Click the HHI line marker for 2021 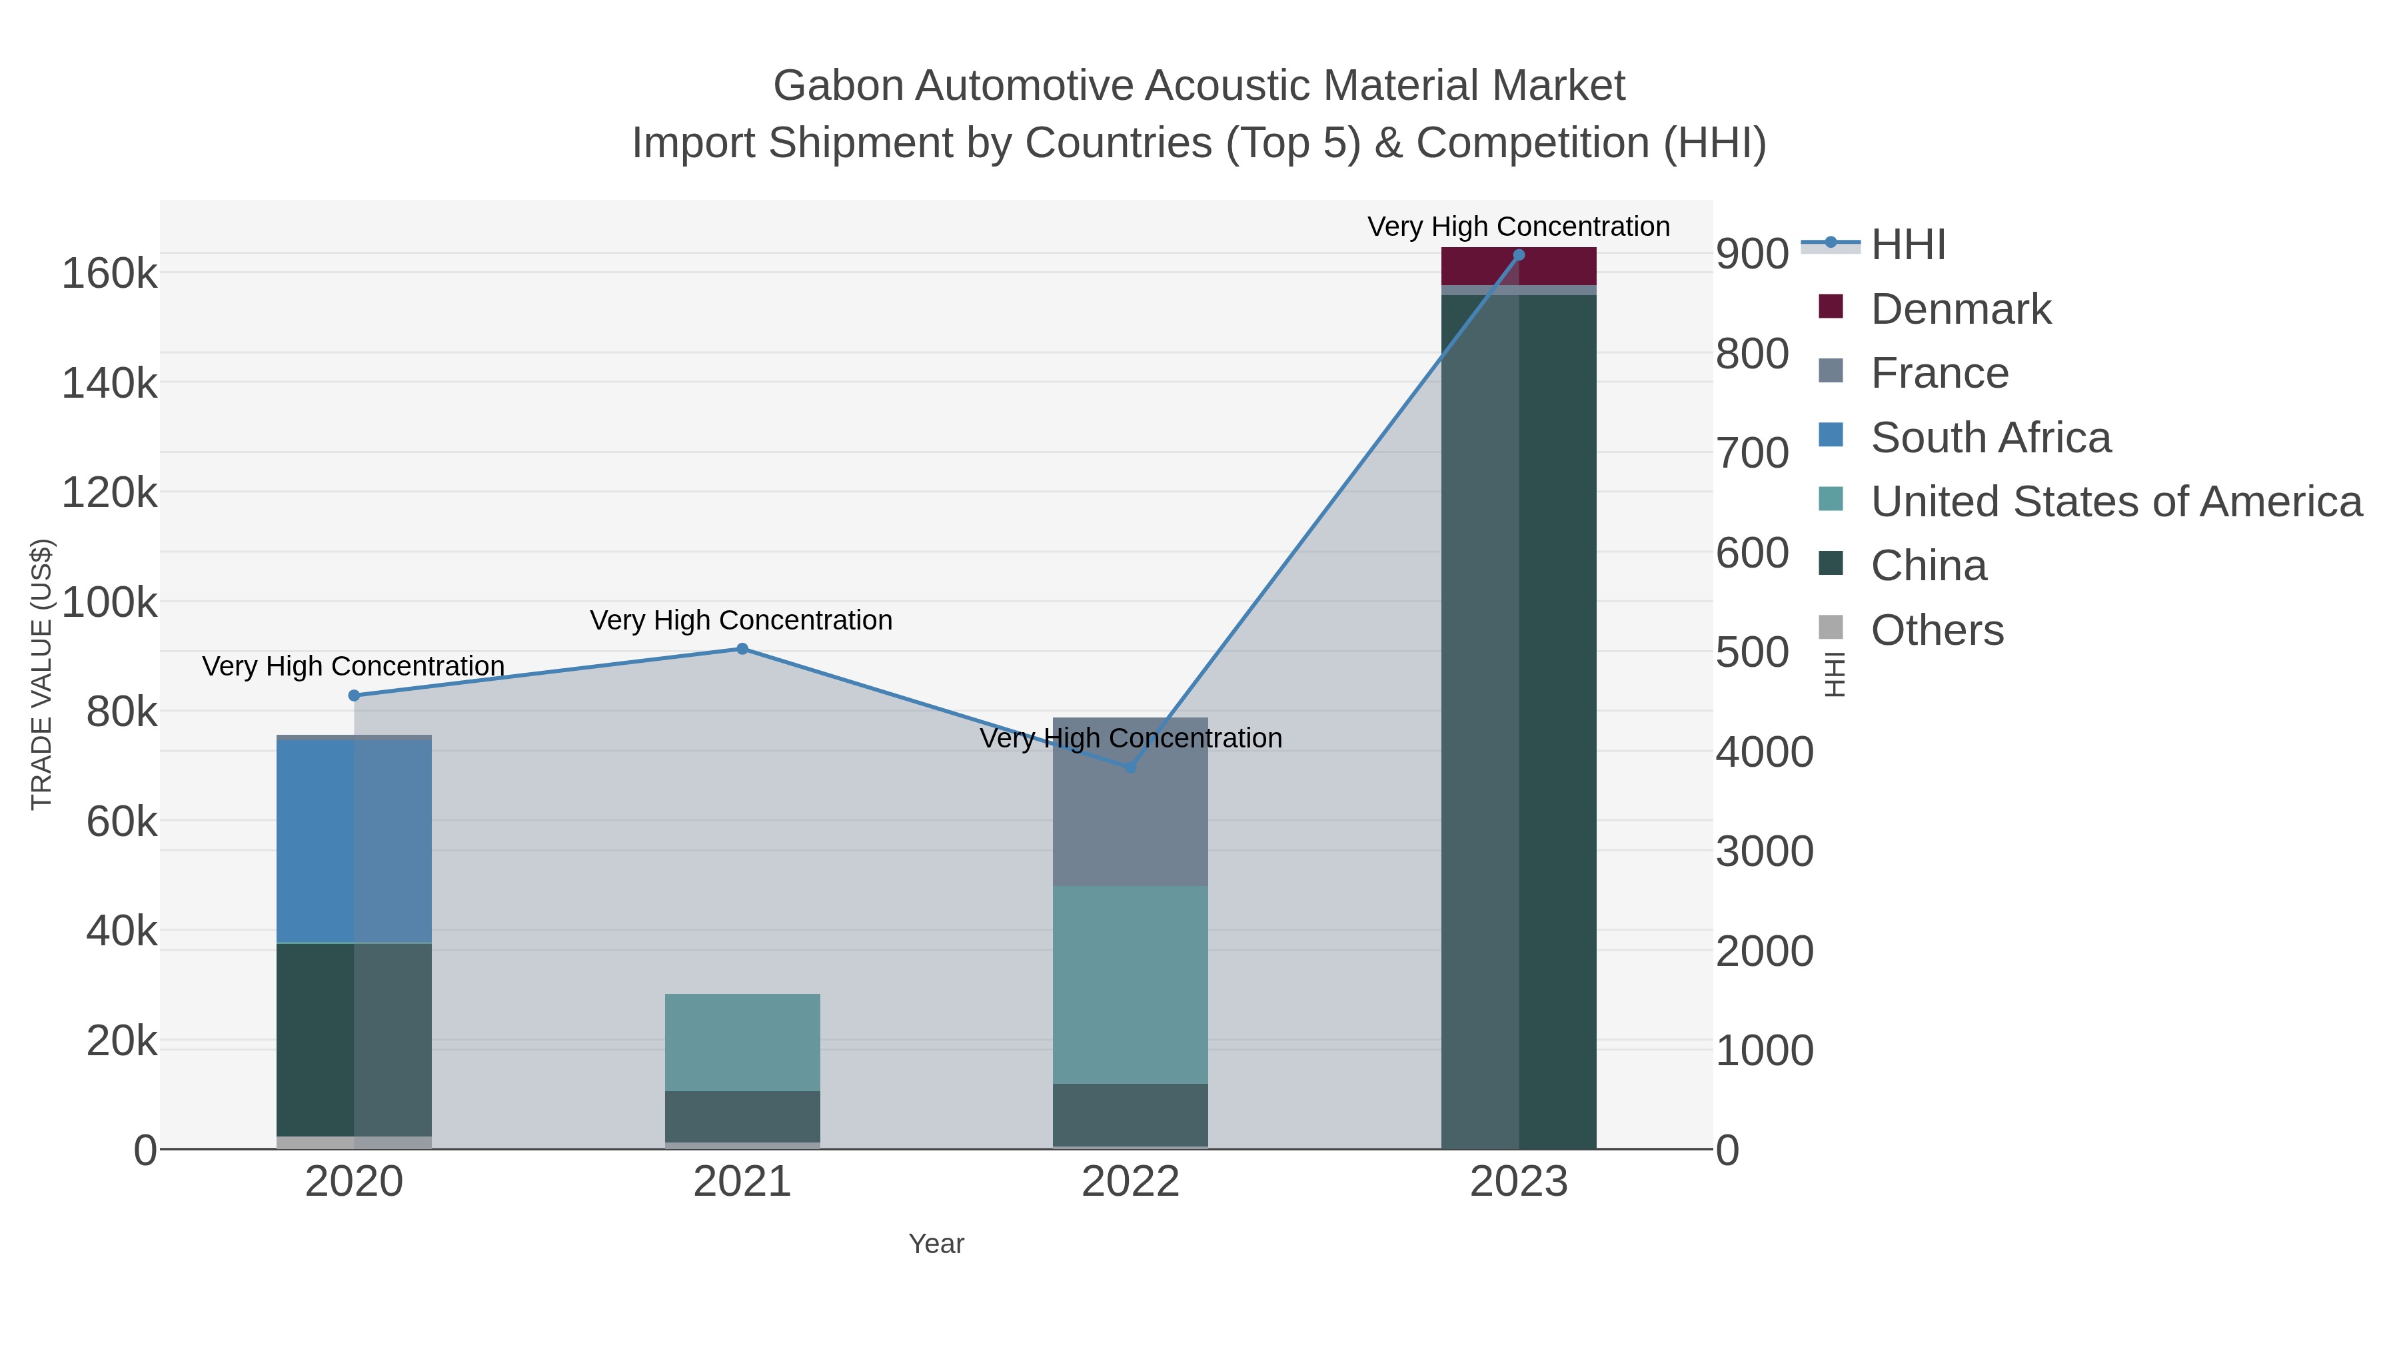pos(742,649)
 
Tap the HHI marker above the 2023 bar pos(1519,255)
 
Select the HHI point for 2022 pos(1131,767)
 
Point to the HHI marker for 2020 pos(354,695)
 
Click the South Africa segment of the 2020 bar pos(354,841)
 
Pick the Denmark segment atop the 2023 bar pos(1519,266)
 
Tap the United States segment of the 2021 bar pos(742,1042)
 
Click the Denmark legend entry pos(1961,309)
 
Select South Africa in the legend pos(1990,438)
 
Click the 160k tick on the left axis pos(109,274)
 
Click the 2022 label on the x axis pos(1131,1182)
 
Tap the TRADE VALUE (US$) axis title pos(42,674)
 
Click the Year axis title pos(936,1244)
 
